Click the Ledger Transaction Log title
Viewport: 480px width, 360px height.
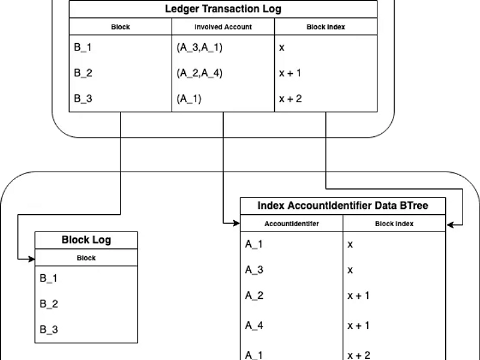223,9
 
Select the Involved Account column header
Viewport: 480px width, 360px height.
223,27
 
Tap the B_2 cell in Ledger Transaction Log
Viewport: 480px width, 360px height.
83,73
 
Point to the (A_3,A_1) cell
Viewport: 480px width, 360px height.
199,47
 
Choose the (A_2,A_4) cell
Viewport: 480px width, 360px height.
199,73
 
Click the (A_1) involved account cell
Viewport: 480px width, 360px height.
189,99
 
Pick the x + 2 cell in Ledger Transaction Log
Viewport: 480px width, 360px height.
290,99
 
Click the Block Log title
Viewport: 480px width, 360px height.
86,239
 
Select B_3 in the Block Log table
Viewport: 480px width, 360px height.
49,329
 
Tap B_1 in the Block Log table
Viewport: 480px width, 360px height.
49,278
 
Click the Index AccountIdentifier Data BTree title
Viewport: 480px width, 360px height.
343,205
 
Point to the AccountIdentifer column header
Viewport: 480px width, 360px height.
292,224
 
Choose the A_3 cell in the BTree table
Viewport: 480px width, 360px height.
254,270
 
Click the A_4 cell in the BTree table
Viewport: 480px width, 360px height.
254,325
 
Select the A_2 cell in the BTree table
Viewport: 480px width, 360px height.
254,296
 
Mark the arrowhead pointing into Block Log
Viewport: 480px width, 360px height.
32,259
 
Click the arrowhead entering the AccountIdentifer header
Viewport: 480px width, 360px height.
237,223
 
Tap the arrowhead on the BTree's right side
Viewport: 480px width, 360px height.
449,225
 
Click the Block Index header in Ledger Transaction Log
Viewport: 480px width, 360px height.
326,27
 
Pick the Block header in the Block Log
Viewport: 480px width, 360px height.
86,258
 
